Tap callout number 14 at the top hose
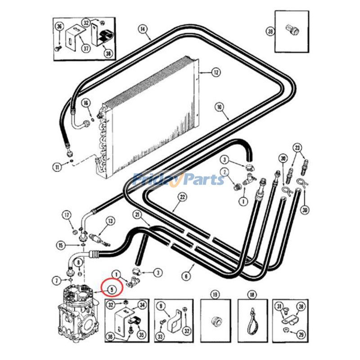coord(143,30)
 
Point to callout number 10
coord(220,107)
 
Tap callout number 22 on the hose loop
coord(182,197)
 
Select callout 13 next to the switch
coord(109,221)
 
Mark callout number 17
coord(67,214)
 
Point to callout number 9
coord(161,306)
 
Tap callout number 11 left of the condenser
coord(57,168)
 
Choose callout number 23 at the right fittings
coord(297,147)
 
